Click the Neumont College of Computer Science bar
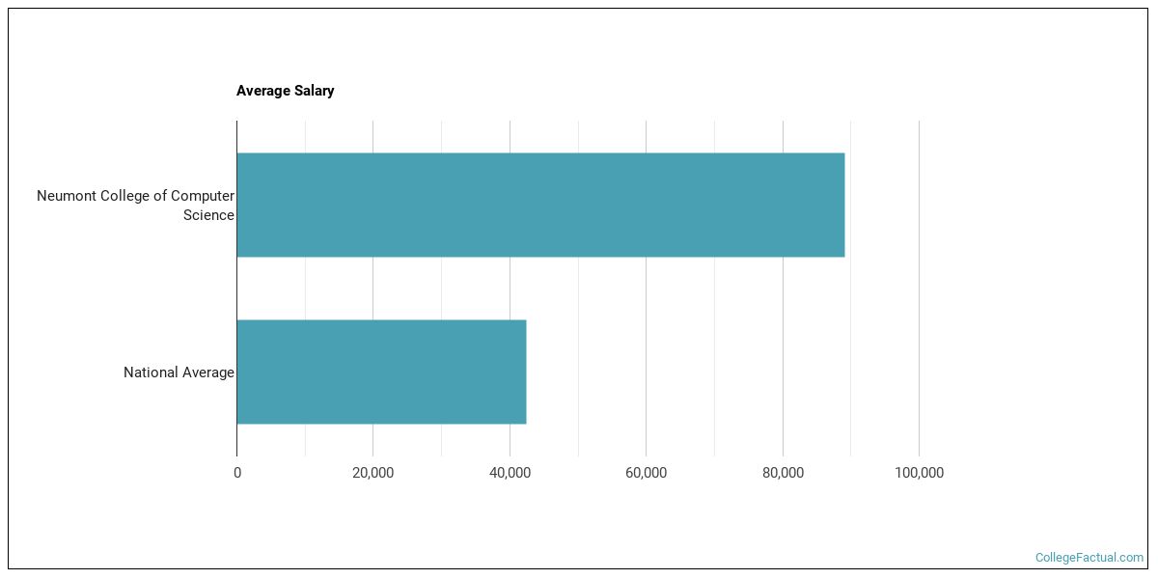540,205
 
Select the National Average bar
381,372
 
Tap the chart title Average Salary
286,91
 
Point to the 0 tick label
237,473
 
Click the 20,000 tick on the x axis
372,473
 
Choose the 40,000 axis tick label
510,473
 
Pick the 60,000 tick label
646,473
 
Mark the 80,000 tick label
783,473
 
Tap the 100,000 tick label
919,473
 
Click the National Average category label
179,372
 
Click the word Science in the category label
208,215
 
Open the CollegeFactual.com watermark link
1089,558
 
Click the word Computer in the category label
203,196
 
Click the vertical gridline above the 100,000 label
919,289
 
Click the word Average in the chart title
262,91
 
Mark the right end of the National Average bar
524,372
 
